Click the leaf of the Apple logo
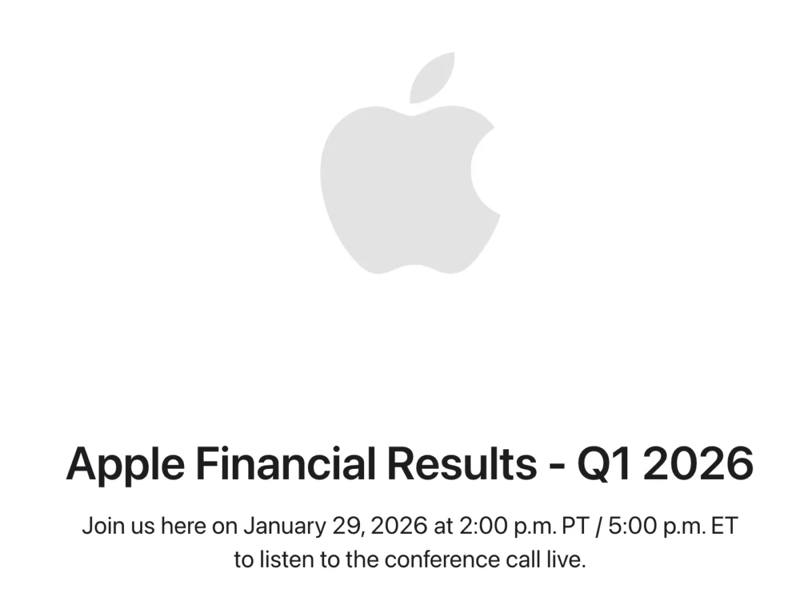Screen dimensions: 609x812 [433, 77]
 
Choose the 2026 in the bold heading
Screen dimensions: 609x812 [698, 464]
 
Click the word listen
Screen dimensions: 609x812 [285, 560]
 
